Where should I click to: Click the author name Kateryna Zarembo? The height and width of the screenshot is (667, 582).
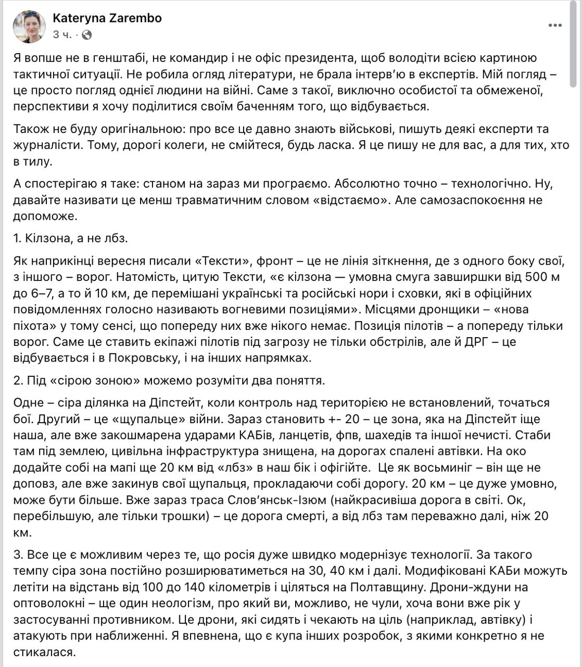[x=107, y=18]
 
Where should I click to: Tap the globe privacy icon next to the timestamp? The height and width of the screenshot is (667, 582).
[x=87, y=35]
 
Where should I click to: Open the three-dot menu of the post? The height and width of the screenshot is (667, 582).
[x=554, y=26]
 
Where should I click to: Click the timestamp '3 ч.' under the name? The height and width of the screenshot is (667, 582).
[x=62, y=35]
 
